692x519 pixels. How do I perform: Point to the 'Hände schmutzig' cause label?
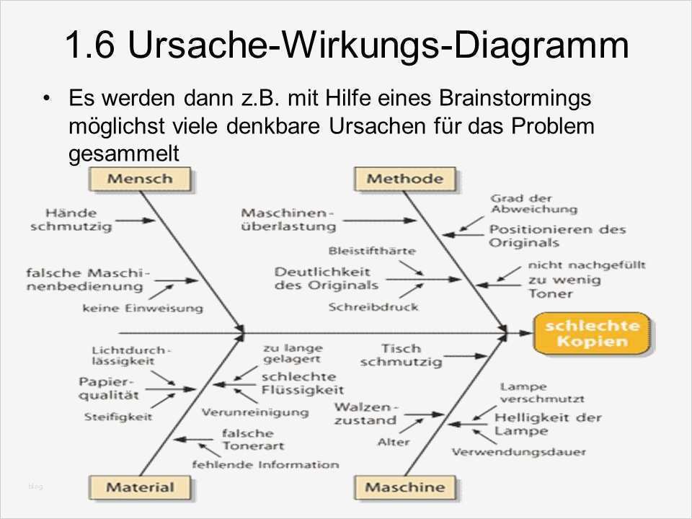click(x=71, y=220)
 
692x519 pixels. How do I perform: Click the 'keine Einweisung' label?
click(x=143, y=308)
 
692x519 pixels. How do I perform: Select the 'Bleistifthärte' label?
click(x=371, y=251)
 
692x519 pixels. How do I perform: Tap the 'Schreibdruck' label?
click(x=373, y=306)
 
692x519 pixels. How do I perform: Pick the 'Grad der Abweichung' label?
click(x=533, y=203)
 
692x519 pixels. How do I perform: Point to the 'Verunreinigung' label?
click(x=254, y=412)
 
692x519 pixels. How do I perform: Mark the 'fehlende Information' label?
click(x=265, y=464)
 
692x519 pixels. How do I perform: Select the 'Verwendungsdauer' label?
click(x=518, y=452)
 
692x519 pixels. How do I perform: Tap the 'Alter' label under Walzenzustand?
click(x=394, y=442)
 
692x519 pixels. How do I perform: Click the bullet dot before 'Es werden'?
click(x=48, y=97)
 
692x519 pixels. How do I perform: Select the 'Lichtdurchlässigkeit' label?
click(x=122, y=355)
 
